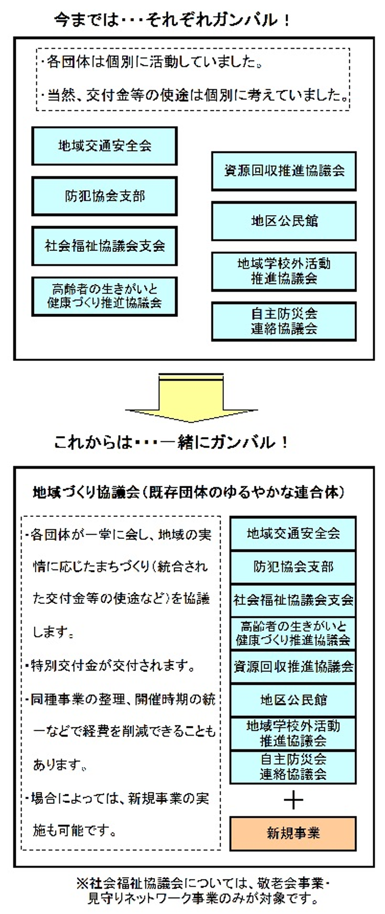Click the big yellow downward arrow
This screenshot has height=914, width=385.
point(191,398)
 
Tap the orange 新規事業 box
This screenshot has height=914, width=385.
point(293,833)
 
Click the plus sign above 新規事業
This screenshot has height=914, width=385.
point(293,800)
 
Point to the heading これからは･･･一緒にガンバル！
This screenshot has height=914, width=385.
point(171,443)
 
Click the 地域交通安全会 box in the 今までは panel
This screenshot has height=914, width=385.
point(105,146)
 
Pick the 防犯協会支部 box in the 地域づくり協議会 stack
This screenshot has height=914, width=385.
point(293,567)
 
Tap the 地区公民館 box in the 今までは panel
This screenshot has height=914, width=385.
point(284,221)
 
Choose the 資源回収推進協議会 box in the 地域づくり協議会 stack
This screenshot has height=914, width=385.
point(293,667)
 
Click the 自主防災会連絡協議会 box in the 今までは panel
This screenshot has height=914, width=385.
point(284,321)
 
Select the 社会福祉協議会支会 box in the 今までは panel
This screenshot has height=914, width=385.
point(105,246)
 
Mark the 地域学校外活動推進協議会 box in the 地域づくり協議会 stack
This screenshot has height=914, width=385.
point(293,733)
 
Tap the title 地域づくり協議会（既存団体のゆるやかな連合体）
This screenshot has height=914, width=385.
point(189,493)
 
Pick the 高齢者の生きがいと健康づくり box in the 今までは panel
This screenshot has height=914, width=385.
point(105,296)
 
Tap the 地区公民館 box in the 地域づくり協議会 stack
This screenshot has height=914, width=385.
point(293,700)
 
